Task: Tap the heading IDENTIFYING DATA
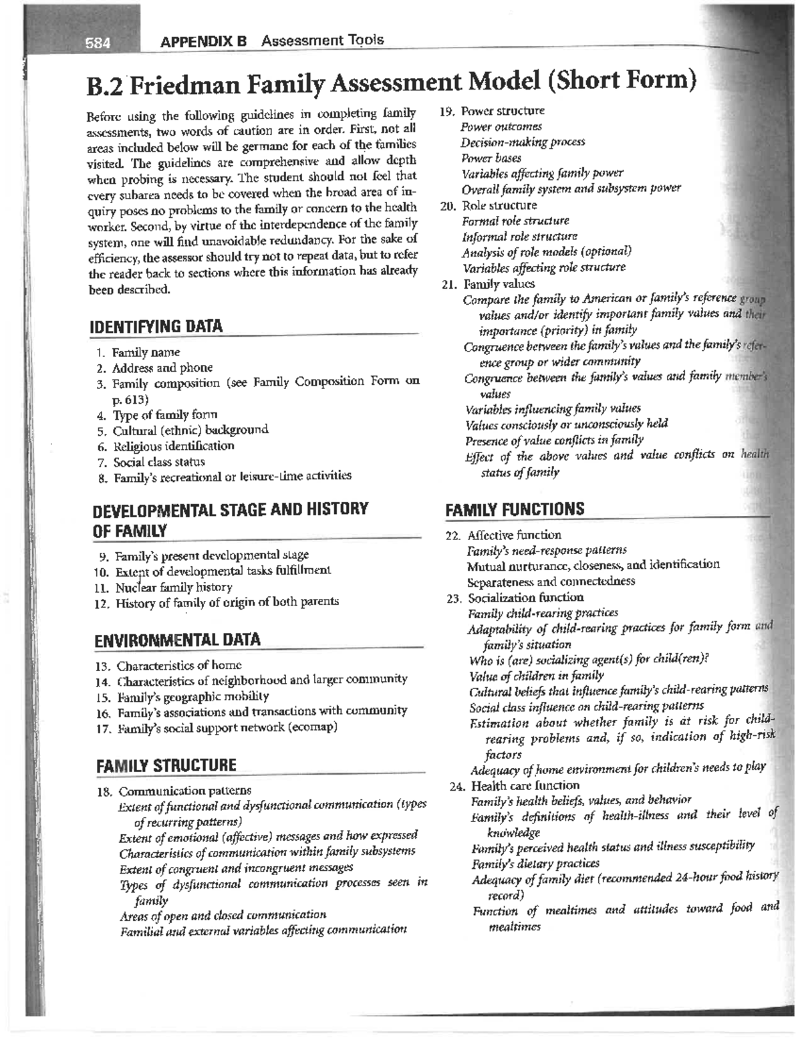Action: click(156, 327)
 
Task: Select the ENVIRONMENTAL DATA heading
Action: click(177, 639)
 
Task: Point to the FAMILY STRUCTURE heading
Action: click(166, 765)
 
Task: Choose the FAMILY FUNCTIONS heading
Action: click(515, 509)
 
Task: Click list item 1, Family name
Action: click(146, 352)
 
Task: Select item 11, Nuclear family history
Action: click(173, 588)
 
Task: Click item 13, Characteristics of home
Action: click(178, 666)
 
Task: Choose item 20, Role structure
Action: click(499, 205)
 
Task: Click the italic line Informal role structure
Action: click(519, 237)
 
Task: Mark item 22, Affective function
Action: click(514, 535)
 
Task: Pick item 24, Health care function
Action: click(525, 785)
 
